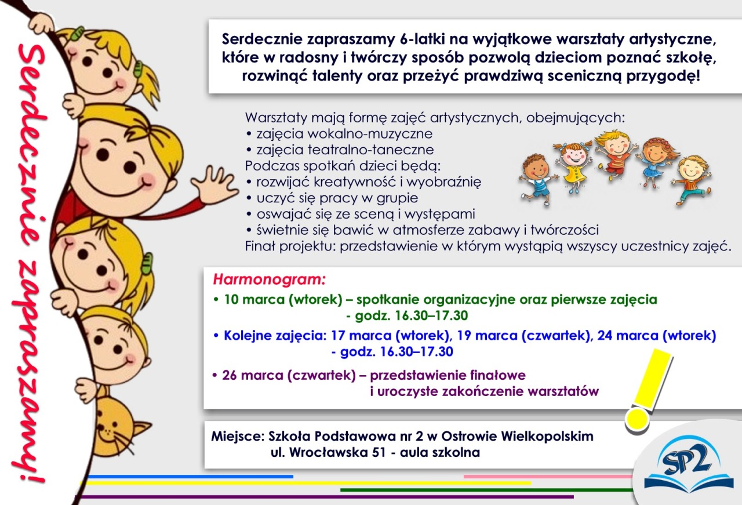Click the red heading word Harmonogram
point(269,279)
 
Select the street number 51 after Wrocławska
point(379,453)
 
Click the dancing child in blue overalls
point(537,180)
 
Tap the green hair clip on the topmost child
point(78,33)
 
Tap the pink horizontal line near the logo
point(548,477)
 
